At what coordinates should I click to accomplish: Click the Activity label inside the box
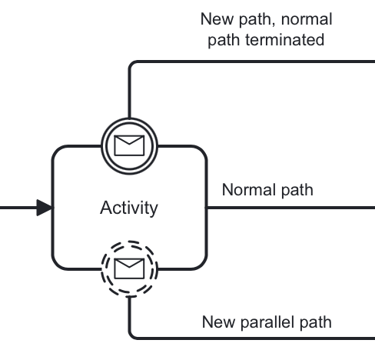coord(129,208)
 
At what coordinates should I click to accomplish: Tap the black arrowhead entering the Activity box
coord(44,208)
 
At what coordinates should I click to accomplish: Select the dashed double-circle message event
coord(129,268)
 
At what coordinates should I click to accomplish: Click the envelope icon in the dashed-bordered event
coord(129,268)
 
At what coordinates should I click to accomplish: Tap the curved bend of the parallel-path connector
coord(132,335)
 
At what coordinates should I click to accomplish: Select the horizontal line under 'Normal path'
coord(292,208)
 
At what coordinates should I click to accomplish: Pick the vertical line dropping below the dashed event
coord(129,312)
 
